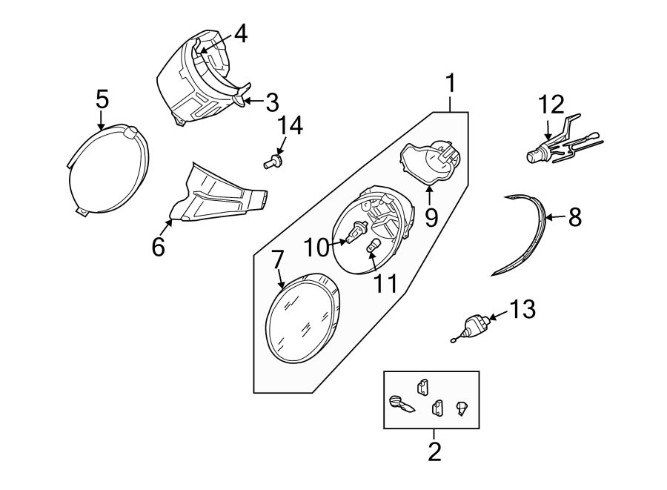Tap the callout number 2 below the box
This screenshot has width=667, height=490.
click(x=434, y=451)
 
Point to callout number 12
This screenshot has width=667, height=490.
click(x=551, y=105)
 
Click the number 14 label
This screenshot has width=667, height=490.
click(x=290, y=126)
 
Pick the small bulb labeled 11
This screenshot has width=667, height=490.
click(x=375, y=245)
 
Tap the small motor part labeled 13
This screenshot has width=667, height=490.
click(x=473, y=326)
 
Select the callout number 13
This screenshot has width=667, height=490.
click(x=521, y=309)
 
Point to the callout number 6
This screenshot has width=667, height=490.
click(x=158, y=247)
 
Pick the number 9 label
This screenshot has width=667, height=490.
click(x=431, y=217)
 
